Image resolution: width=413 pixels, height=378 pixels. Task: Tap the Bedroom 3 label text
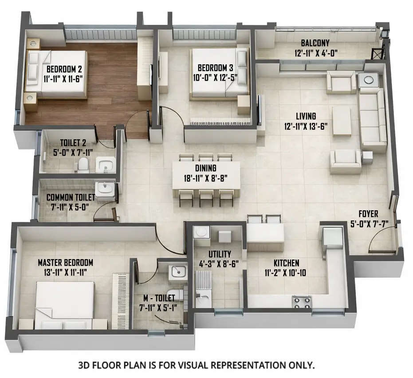[215, 68]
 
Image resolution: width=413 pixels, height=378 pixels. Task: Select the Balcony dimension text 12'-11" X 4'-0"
[315, 52]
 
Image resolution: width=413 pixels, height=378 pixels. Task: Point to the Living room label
[306, 116]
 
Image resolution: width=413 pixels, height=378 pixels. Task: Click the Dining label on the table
[205, 168]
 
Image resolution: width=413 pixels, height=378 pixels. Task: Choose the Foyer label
[368, 214]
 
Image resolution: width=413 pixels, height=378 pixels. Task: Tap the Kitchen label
[286, 263]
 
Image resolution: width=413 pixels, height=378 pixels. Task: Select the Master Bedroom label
[65, 262]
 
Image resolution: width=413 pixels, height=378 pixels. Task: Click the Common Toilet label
[71, 197]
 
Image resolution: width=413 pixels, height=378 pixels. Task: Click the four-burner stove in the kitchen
[301, 303]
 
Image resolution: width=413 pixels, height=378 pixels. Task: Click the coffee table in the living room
[342, 120]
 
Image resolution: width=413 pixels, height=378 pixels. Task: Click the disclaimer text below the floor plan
[196, 366]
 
